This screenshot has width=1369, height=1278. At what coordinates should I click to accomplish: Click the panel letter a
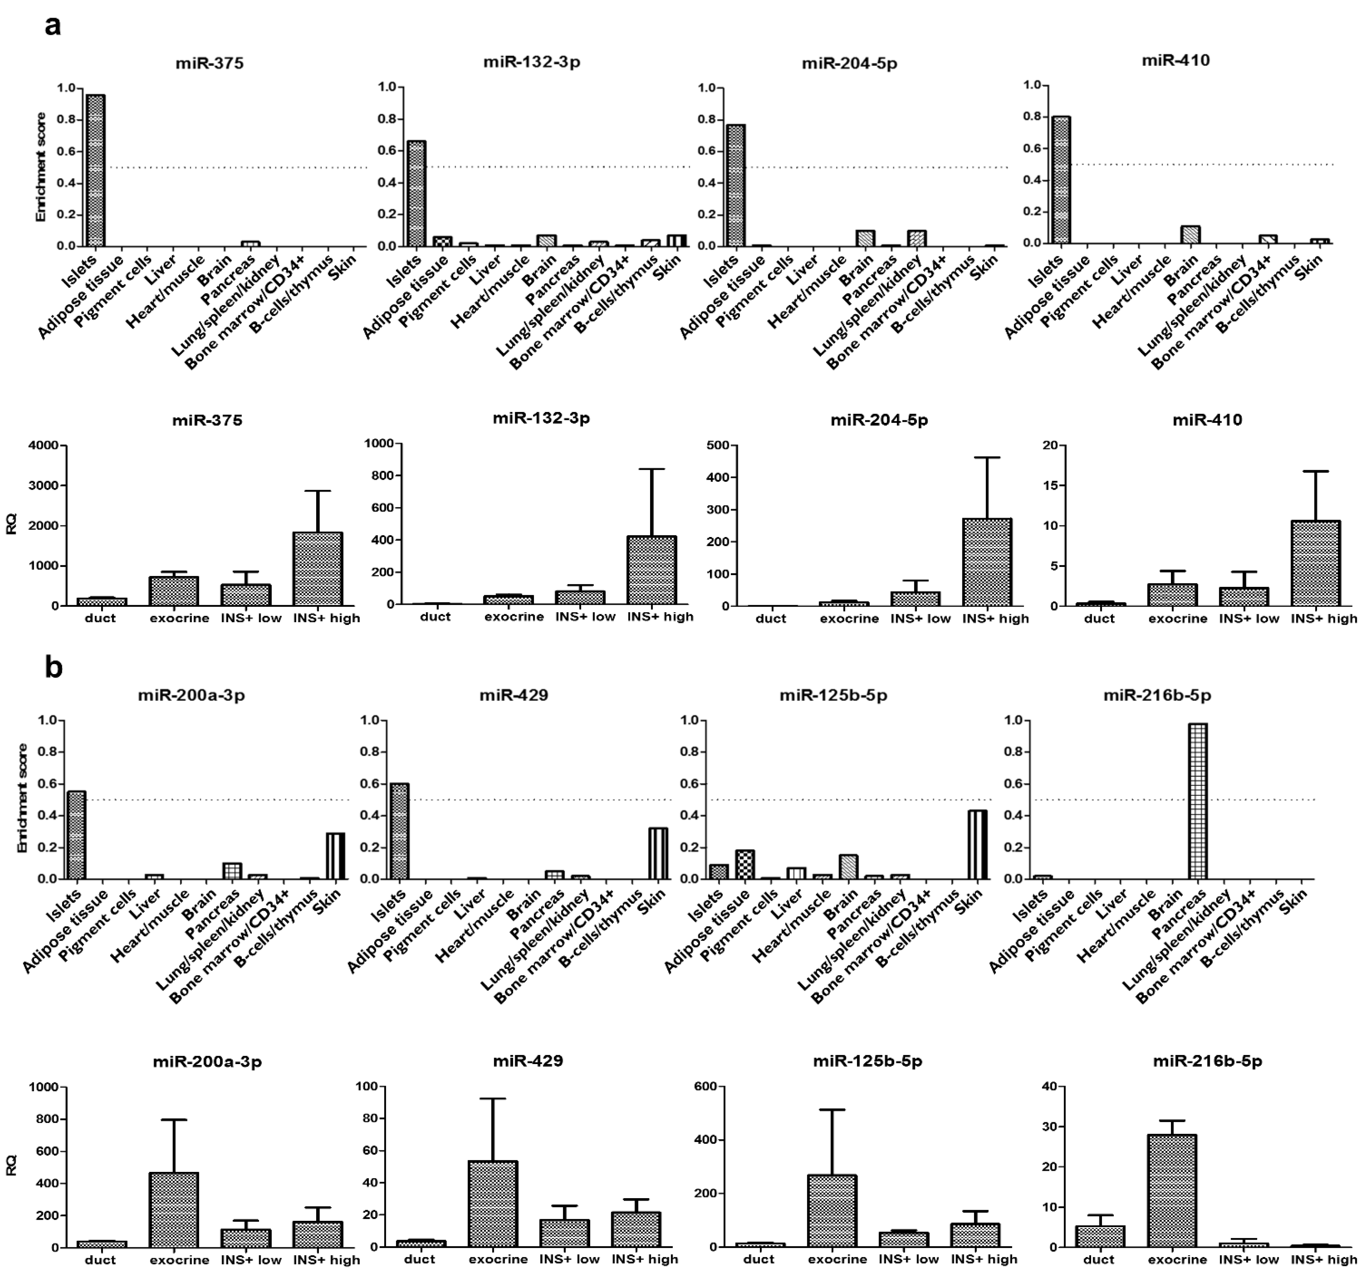(52, 26)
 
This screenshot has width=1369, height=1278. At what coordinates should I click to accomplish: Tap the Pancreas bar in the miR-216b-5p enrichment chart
(1198, 802)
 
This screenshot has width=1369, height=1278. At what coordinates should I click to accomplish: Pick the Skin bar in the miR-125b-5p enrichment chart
(977, 845)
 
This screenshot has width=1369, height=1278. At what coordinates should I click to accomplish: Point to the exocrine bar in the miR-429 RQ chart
(493, 1204)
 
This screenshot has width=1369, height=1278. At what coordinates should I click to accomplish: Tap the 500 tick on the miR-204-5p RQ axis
(718, 445)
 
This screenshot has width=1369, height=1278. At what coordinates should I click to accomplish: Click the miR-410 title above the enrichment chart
(1176, 61)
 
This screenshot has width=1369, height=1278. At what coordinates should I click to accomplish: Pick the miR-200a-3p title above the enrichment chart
(191, 695)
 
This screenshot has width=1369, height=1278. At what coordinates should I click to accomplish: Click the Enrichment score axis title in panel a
(41, 167)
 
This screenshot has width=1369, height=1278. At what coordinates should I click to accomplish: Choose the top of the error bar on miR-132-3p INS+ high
(651, 469)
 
